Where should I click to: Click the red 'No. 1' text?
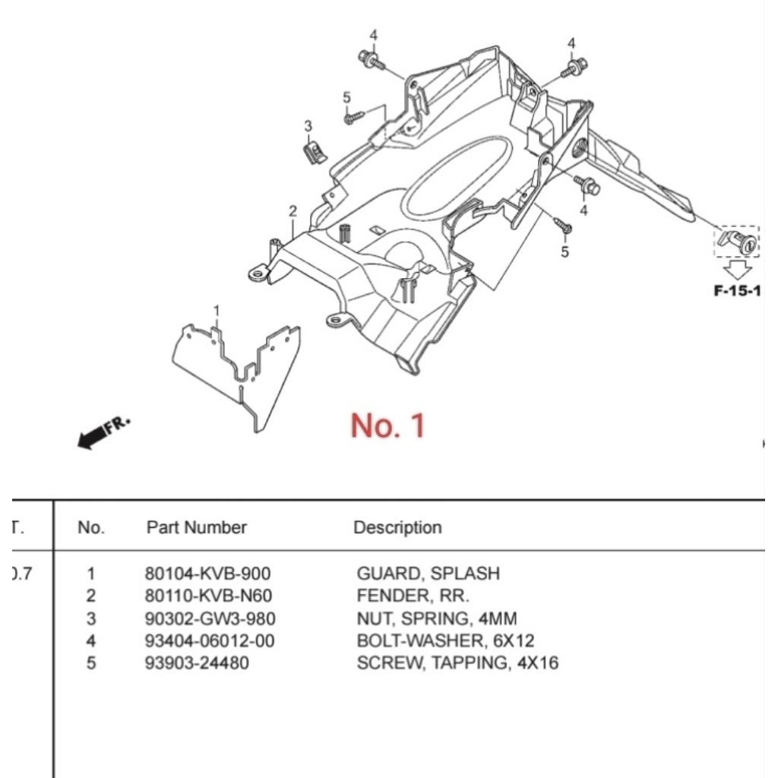[x=388, y=425]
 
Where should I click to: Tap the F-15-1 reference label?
[x=736, y=291]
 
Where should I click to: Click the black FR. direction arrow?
[x=103, y=432]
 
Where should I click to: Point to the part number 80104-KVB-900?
[x=207, y=574]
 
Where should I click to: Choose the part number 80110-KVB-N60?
[x=207, y=596]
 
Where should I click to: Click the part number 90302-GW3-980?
[x=210, y=618]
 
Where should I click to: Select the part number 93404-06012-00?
[x=209, y=640]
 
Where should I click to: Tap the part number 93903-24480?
[x=197, y=663]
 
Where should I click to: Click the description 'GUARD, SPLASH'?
[x=428, y=574]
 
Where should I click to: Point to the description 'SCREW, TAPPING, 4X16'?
[x=457, y=663]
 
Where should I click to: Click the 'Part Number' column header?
[x=196, y=527]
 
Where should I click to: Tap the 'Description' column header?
[x=397, y=527]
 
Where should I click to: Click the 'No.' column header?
[x=91, y=527]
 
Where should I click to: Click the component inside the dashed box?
[x=736, y=242]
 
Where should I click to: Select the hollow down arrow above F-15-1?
[x=736, y=269]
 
